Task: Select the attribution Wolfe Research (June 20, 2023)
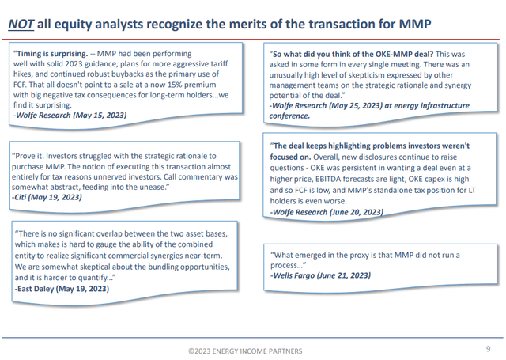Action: [327, 212]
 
